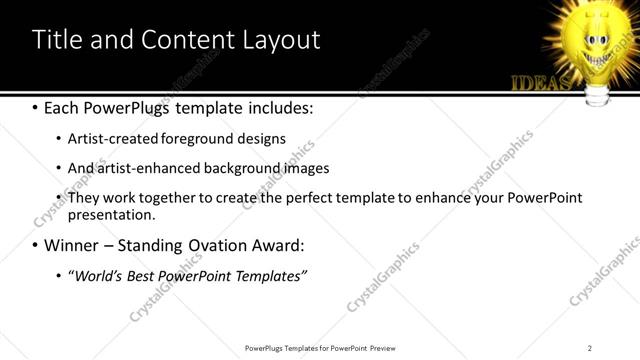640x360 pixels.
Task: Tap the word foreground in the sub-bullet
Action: tap(195, 139)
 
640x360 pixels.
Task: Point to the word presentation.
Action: tap(111, 215)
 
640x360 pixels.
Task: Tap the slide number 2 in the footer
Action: tap(590, 347)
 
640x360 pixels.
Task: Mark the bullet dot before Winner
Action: tap(36, 245)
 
